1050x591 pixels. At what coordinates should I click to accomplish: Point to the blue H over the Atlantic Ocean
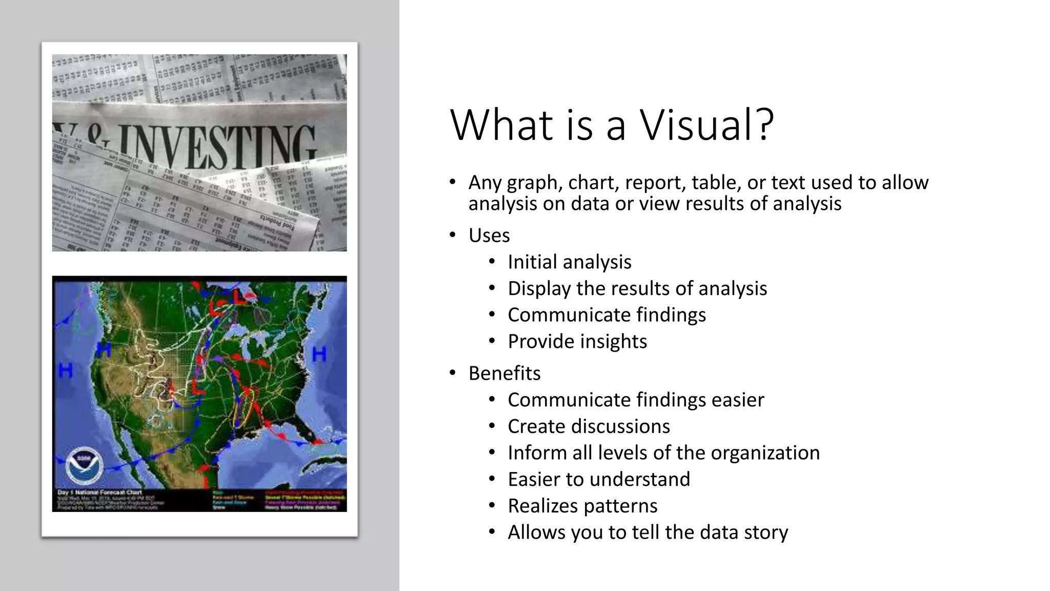tap(319, 354)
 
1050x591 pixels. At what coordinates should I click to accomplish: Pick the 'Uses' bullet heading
tap(489, 235)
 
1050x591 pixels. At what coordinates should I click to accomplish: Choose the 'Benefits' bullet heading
tap(504, 373)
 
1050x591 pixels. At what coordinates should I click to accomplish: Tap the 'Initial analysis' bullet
tap(569, 262)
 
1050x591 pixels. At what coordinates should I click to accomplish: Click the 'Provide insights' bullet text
tap(577, 342)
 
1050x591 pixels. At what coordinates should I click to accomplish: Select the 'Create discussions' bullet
tap(589, 426)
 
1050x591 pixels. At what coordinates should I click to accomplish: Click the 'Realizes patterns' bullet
tap(582, 506)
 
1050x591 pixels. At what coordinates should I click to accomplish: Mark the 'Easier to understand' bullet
tap(599, 480)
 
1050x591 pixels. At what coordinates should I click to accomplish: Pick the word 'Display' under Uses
tap(539, 289)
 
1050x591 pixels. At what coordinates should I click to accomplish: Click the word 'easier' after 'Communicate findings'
tap(738, 400)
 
